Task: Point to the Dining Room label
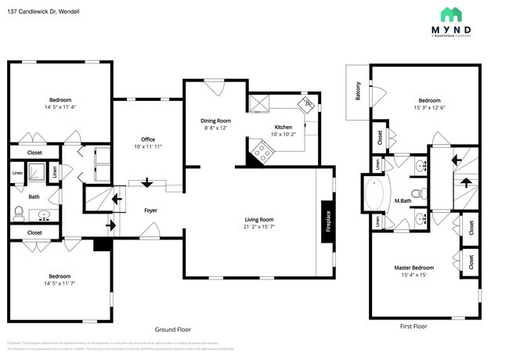click(214, 120)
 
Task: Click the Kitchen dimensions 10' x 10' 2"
click(283, 135)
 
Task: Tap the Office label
click(147, 139)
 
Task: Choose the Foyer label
click(150, 211)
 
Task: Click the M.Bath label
click(403, 202)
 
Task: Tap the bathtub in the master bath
click(374, 196)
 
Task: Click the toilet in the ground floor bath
click(20, 211)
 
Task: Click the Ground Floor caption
click(172, 329)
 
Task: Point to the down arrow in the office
click(147, 182)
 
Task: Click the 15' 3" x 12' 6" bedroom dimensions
click(429, 107)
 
